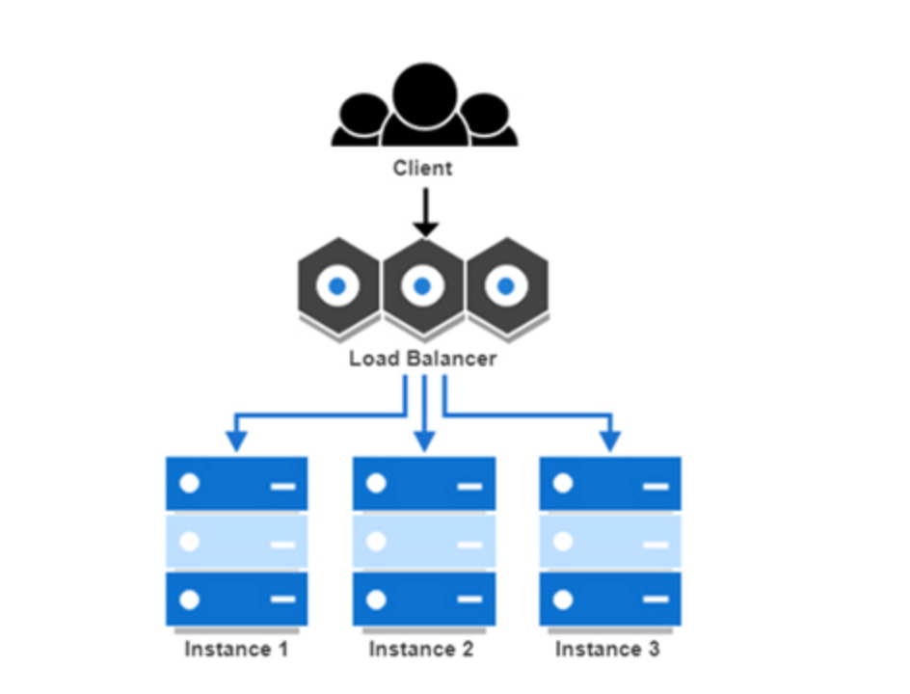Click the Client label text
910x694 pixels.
[422, 169]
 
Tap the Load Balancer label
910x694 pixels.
[422, 360]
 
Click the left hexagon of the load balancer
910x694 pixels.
[337, 286]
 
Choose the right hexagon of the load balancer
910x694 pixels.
[505, 286]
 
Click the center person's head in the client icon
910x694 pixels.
[424, 90]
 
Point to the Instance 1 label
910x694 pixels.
[236, 649]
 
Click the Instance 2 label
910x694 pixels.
[421, 649]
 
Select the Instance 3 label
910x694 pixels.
[607, 649]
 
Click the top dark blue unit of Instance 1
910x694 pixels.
[236, 484]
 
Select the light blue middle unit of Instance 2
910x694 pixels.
[424, 542]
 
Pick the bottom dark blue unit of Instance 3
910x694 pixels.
[609, 600]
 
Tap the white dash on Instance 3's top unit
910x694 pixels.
[655, 486]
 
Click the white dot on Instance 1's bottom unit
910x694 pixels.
[190, 600]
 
